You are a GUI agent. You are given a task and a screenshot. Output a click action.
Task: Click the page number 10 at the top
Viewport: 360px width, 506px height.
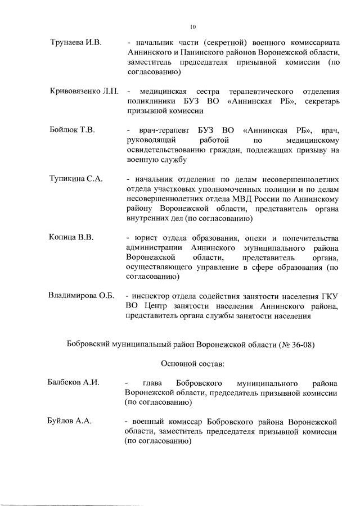192,26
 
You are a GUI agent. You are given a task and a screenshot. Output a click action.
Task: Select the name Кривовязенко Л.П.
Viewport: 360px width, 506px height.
84,91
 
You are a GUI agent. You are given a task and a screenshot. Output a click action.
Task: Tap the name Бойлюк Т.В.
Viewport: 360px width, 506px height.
72,130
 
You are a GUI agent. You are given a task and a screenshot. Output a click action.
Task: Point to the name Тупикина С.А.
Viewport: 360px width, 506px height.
76,179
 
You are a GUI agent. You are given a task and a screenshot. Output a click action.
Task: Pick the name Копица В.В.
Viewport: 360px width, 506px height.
71,237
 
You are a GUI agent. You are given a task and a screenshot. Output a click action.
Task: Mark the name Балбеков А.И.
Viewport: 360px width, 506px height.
74,382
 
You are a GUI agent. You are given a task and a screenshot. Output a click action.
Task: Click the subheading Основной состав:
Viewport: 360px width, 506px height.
192,363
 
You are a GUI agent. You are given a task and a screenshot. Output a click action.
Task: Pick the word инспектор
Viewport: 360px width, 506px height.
152,296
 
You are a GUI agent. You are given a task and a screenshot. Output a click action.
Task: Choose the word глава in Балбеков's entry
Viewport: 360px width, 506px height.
154,382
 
